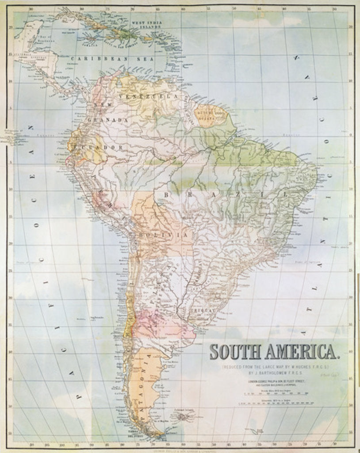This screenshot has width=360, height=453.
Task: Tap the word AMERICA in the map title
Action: coord(303,352)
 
